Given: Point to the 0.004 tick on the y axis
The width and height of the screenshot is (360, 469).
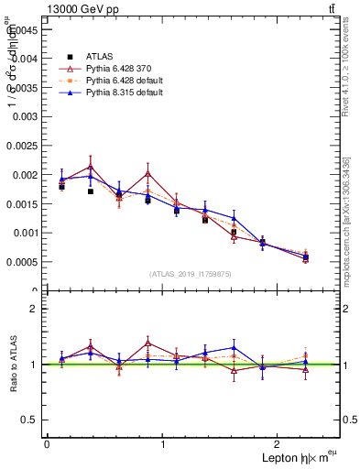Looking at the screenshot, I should [27, 58].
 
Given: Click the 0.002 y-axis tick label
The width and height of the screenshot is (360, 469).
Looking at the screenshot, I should [27, 174].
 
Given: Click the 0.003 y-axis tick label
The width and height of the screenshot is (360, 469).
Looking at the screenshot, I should [27, 115].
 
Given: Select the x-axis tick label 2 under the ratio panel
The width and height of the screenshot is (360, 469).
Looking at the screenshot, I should [280, 444].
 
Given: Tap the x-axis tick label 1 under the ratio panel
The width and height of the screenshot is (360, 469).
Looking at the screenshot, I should [163, 444].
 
